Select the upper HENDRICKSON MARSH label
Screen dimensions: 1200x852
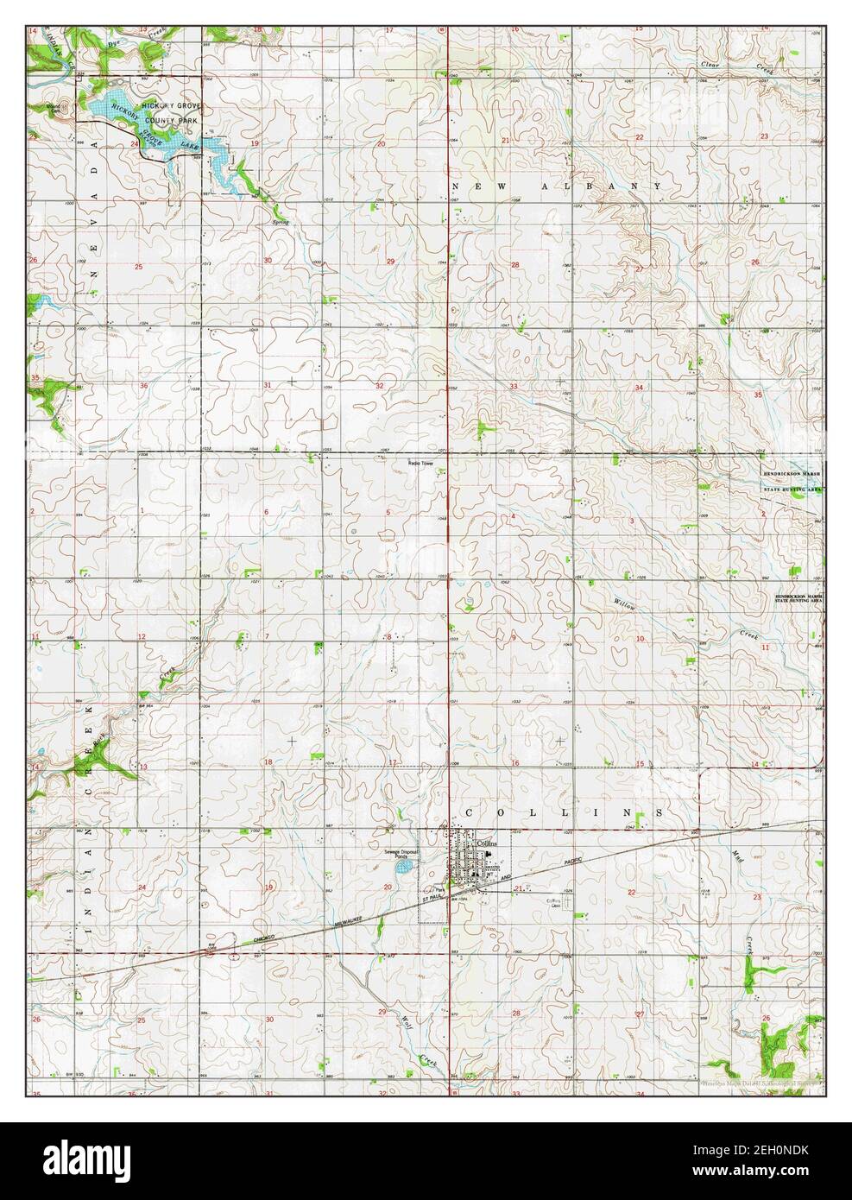coord(791,474)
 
